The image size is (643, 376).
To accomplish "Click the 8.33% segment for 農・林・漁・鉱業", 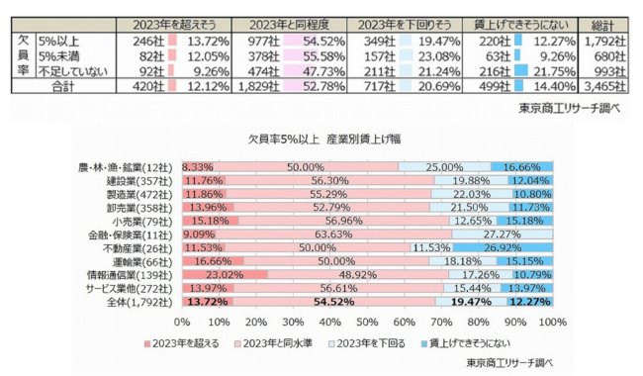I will [x=198, y=166].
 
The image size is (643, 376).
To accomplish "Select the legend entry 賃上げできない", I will [x=469, y=343].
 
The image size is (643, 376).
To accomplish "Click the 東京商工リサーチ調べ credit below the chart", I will [x=513, y=363].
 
